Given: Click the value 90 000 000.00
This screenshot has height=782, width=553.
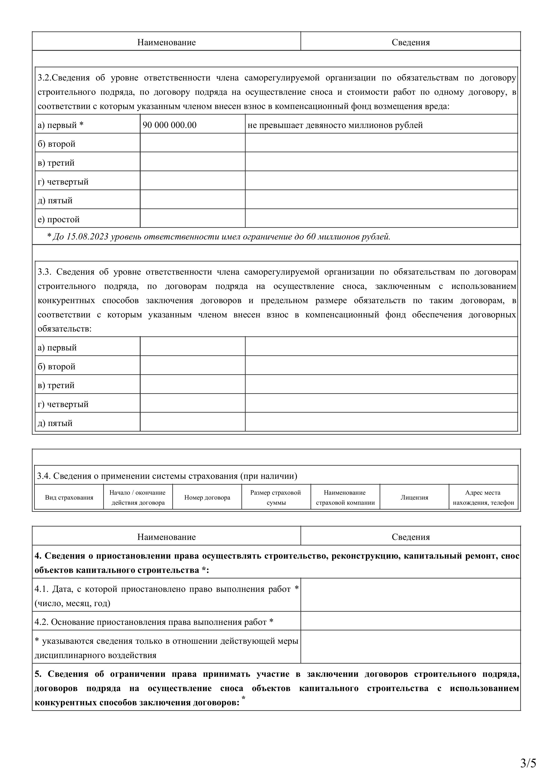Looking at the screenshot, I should pyautogui.click(x=169, y=125).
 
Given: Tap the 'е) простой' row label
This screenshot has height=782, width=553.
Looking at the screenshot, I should pyautogui.click(x=59, y=219).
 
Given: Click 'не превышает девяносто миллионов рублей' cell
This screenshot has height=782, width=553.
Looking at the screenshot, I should pyautogui.click(x=335, y=125).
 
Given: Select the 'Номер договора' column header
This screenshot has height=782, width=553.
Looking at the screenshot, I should pyautogui.click(x=207, y=497).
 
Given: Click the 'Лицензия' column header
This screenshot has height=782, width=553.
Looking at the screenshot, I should pyautogui.click(x=414, y=497).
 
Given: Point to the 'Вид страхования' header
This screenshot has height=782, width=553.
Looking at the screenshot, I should pyautogui.click(x=69, y=497).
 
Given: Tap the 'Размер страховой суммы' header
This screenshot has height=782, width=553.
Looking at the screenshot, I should pyautogui.click(x=276, y=497).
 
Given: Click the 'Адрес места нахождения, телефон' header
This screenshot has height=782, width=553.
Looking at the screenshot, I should pyautogui.click(x=483, y=497).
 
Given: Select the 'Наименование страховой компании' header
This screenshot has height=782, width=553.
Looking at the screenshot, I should pyautogui.click(x=345, y=497).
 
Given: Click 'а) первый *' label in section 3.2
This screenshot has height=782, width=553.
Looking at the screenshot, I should pyautogui.click(x=60, y=125).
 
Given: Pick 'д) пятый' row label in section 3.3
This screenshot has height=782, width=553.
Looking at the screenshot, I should pyautogui.click(x=55, y=423).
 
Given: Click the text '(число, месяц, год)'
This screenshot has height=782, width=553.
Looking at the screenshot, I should pyautogui.click(x=72, y=603).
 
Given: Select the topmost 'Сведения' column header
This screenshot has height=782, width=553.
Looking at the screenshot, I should pyautogui.click(x=410, y=43).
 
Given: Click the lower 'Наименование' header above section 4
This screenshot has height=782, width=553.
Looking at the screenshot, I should pyautogui.click(x=167, y=537).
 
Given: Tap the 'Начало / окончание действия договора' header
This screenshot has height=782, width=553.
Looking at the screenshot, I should pyautogui.click(x=138, y=497).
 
